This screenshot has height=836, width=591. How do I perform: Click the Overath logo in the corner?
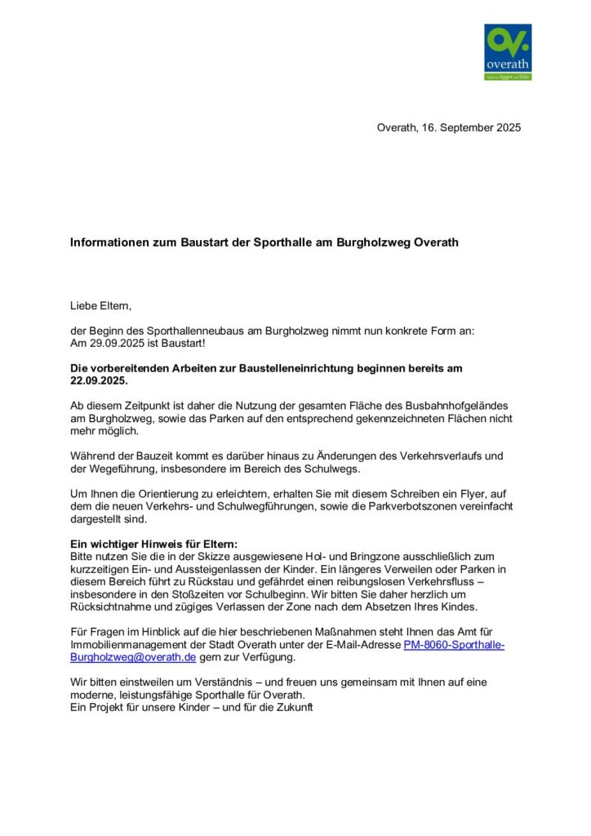click(507, 51)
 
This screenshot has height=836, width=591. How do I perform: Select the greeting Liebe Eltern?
click(100, 306)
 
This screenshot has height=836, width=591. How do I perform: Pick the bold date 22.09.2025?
click(99, 380)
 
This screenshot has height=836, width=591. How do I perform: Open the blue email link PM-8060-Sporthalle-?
click(455, 644)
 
